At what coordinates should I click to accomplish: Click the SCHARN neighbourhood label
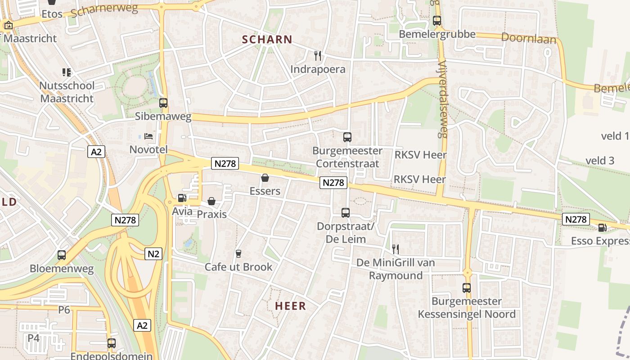point(267,40)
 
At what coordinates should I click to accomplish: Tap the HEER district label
point(290,306)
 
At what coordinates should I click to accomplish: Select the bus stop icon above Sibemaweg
point(163,103)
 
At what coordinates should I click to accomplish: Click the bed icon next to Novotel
point(148,135)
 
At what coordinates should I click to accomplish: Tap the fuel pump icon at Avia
point(182,198)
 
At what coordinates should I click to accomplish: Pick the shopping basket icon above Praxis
point(211,201)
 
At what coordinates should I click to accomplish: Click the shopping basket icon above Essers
point(265,178)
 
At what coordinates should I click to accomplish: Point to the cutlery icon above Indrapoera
point(318,55)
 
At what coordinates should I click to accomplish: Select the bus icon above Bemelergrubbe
point(437,21)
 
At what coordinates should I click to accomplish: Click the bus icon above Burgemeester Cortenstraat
point(347,137)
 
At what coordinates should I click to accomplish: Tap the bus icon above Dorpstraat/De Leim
point(345,213)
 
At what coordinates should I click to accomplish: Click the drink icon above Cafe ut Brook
point(238,254)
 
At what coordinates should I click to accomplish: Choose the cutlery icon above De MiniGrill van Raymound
point(396,249)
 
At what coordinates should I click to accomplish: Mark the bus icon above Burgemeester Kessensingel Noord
point(467,288)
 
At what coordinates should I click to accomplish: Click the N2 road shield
point(153,254)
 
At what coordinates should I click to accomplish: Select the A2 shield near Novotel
point(97,152)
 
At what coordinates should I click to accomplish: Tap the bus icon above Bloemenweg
point(62,255)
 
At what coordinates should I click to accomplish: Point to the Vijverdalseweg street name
point(442,99)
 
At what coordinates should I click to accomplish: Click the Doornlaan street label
point(529,38)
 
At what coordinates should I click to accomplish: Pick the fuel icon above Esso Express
point(602,228)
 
